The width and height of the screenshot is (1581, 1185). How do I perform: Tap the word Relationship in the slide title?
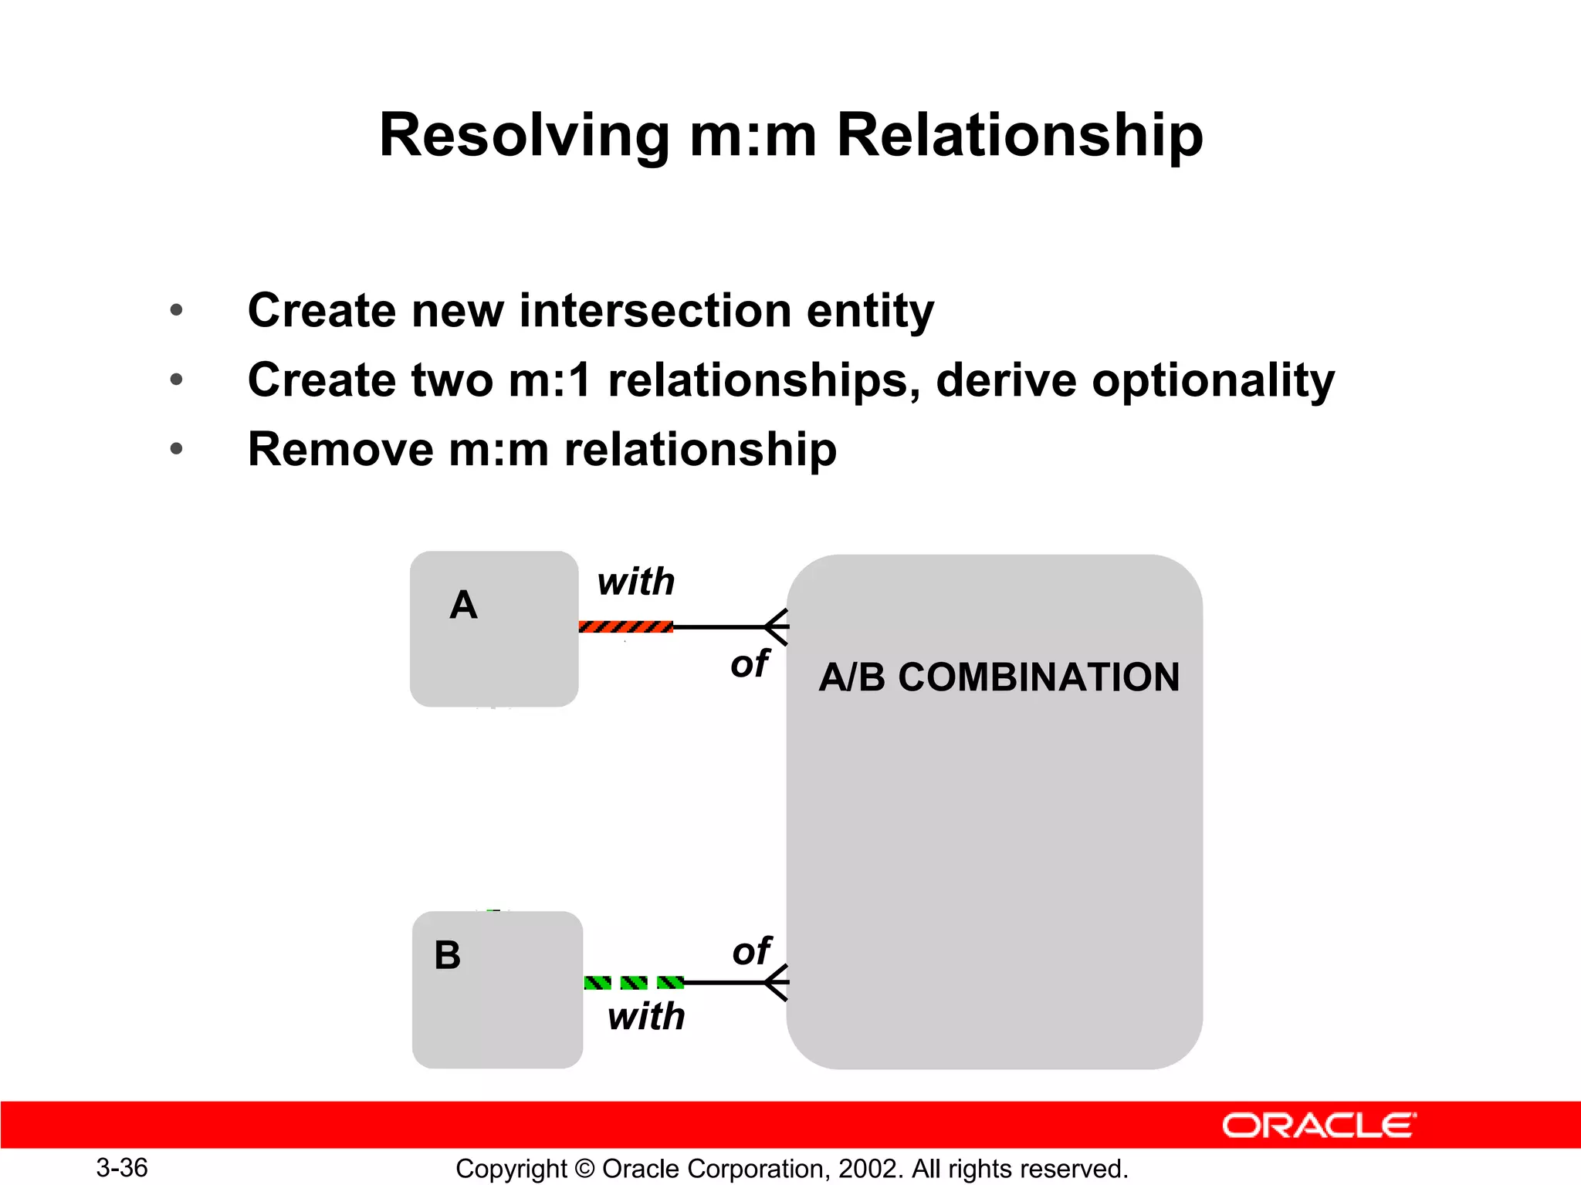tap(1019, 136)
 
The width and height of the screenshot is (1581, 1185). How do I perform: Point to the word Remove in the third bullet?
tap(340, 449)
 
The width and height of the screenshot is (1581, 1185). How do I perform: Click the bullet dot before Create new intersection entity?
tap(177, 310)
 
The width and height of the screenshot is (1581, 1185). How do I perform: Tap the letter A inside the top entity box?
tap(463, 605)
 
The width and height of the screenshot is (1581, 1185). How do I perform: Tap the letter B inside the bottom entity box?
tap(447, 955)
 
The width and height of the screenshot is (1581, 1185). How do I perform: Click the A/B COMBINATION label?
tap(999, 677)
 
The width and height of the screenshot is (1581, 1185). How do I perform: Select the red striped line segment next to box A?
tap(625, 626)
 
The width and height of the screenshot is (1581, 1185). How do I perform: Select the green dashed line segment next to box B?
tap(634, 982)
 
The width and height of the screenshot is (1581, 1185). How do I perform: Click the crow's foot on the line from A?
tap(776, 626)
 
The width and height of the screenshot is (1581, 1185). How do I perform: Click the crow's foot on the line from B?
tap(776, 982)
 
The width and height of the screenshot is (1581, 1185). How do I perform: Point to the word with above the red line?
tap(636, 582)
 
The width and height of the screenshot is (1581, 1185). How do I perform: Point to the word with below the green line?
tap(646, 1016)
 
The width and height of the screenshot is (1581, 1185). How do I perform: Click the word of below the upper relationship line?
tap(750, 663)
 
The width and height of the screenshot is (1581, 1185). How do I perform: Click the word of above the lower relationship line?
tap(751, 950)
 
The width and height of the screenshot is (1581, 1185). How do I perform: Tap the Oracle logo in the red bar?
tap(1319, 1126)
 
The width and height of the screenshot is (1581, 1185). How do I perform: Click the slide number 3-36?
tap(122, 1167)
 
